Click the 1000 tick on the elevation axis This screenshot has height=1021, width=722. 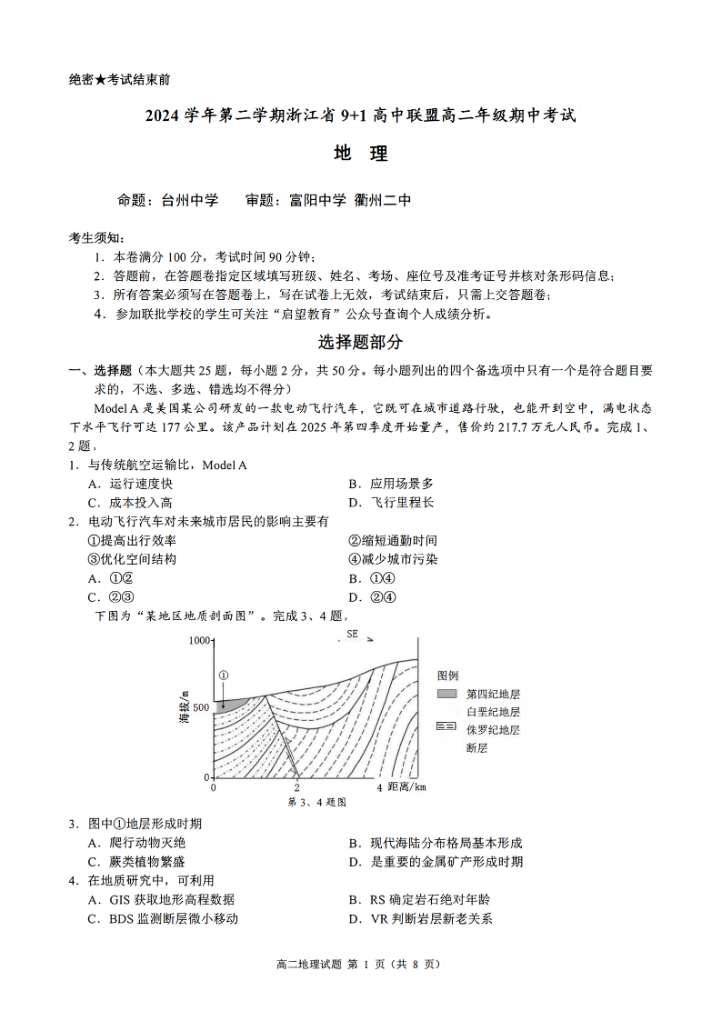(x=199, y=640)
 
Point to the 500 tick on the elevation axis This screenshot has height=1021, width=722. (x=201, y=707)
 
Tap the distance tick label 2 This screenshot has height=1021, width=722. (x=296, y=787)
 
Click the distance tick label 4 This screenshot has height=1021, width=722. (x=379, y=787)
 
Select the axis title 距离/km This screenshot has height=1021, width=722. (x=406, y=786)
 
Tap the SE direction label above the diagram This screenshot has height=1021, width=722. (x=352, y=634)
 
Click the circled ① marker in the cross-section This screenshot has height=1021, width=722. (x=223, y=676)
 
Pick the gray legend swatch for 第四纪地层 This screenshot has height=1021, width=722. (x=446, y=694)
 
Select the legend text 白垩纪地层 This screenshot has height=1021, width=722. (x=493, y=712)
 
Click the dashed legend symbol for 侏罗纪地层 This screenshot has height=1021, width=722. (x=446, y=729)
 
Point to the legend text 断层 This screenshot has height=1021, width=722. (x=477, y=747)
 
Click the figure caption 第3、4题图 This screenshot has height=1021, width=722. (x=317, y=802)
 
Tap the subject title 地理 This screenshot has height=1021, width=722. (x=361, y=154)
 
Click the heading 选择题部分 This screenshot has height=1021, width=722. (x=360, y=343)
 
